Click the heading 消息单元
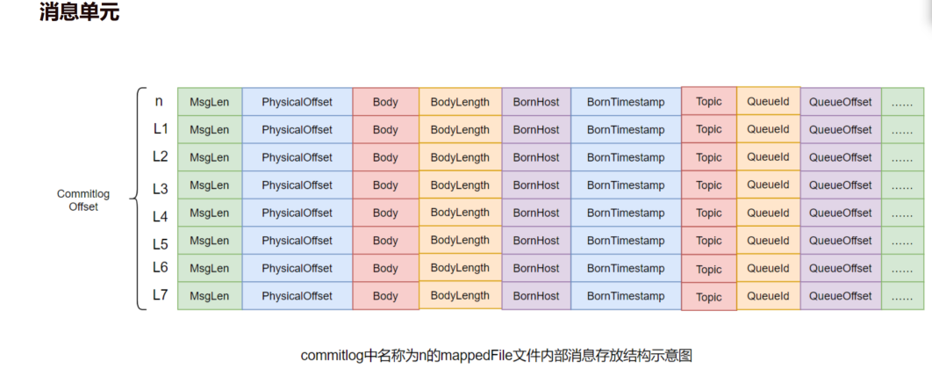pyautogui.click(x=79, y=14)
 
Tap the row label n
pyautogui.click(x=159, y=101)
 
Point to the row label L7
pyautogui.click(x=160, y=295)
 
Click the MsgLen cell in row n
pyautogui.click(x=209, y=102)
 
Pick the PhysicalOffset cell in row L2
pyautogui.click(x=297, y=157)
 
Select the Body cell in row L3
pyautogui.click(x=385, y=185)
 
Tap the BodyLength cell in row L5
pyautogui.click(x=460, y=241)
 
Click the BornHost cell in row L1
pyautogui.click(x=536, y=130)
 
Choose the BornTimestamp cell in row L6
pyautogui.click(x=626, y=268)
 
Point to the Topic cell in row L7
pyautogui.click(x=709, y=297)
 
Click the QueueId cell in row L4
pyautogui.click(x=768, y=213)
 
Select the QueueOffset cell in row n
pyautogui.click(x=841, y=102)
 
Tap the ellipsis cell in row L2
pyautogui.click(x=902, y=157)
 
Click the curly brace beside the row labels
pyautogui.click(x=137, y=199)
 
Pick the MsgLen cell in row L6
pyautogui.click(x=209, y=268)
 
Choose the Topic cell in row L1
pyautogui.click(x=709, y=129)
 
